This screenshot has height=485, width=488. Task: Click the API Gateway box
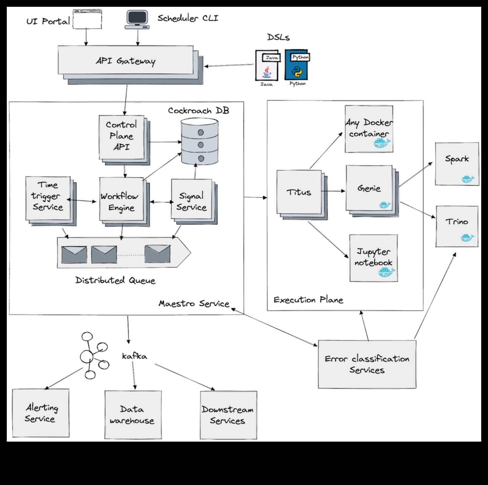(126, 61)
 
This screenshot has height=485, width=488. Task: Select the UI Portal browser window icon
(87, 19)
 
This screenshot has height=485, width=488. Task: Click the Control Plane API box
(121, 137)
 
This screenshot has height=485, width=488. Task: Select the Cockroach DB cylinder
(199, 141)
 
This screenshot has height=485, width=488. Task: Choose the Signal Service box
(191, 201)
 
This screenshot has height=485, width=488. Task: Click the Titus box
(299, 192)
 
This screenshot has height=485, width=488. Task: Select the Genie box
(369, 188)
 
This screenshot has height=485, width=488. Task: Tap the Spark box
(457, 163)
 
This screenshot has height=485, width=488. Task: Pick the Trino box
(457, 226)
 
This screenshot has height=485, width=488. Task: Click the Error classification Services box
(367, 364)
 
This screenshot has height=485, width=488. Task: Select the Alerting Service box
(41, 413)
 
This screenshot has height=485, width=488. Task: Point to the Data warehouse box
(133, 415)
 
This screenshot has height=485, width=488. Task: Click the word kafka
(135, 356)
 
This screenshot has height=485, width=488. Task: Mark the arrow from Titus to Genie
(333, 191)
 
